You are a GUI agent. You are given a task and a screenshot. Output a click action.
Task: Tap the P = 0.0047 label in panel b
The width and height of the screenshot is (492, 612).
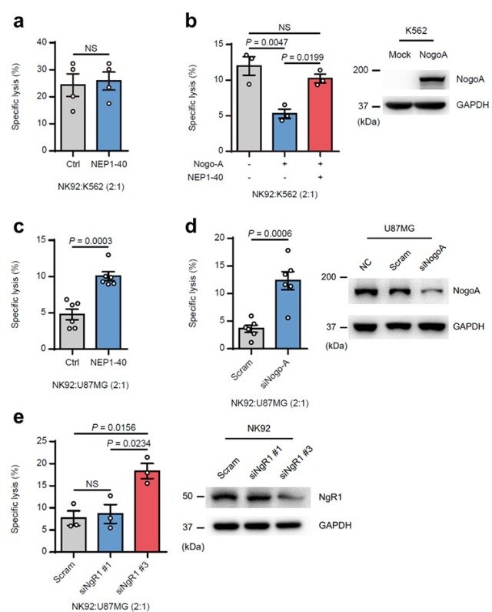[262, 45]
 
